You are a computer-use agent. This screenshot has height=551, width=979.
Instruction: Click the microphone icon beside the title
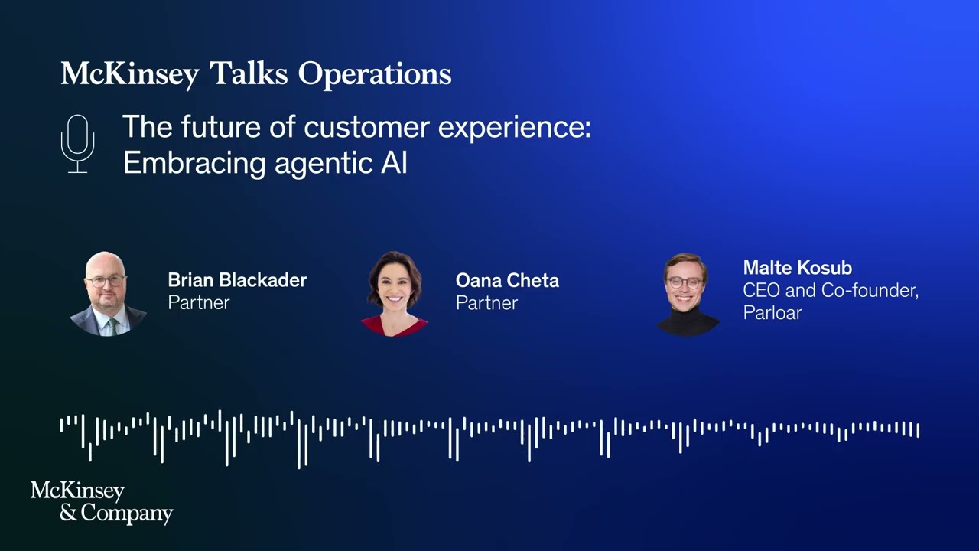click(x=77, y=143)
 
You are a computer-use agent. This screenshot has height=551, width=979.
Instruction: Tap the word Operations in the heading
click(x=375, y=74)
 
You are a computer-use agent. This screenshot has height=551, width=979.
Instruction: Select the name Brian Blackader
click(x=237, y=280)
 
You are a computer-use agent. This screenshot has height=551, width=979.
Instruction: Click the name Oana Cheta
click(x=507, y=280)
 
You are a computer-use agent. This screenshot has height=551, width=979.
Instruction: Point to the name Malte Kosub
click(x=797, y=268)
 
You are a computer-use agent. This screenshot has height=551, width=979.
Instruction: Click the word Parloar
click(x=772, y=312)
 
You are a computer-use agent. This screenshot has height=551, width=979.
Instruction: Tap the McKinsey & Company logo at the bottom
click(x=102, y=502)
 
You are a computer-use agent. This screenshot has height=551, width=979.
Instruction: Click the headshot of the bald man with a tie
click(x=108, y=294)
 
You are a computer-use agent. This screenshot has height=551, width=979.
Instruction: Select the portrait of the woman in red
click(x=395, y=294)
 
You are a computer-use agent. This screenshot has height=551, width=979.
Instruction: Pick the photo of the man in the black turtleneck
click(x=687, y=294)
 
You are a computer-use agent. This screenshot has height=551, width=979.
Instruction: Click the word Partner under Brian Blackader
click(x=199, y=302)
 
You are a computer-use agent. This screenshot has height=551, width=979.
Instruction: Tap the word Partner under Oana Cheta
click(x=486, y=302)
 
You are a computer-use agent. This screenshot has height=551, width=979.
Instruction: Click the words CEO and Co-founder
click(x=830, y=290)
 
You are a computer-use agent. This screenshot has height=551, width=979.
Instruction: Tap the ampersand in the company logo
click(x=68, y=512)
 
